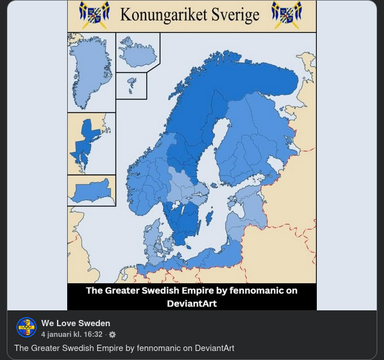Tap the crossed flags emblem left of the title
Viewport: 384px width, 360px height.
coord(94,14)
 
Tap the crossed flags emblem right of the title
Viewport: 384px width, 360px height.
coord(286,14)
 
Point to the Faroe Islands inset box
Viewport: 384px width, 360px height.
coord(131,86)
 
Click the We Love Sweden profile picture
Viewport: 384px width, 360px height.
coord(27,327)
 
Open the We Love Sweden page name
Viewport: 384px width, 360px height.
coord(76,323)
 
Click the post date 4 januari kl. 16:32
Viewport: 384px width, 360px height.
coord(72,335)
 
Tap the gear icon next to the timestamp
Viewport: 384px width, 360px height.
coord(112,335)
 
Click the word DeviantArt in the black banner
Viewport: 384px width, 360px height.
coord(192,303)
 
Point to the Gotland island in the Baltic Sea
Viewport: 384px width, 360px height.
coord(210,217)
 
